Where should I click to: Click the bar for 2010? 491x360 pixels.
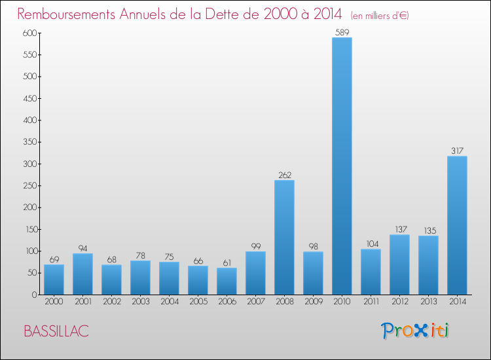point(342,166)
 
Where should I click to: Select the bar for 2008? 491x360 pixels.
point(284,237)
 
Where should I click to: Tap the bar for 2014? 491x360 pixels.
point(457,225)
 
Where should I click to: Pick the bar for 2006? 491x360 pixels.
point(227,281)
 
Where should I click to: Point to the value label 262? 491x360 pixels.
point(284,175)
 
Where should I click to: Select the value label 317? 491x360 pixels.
point(457,151)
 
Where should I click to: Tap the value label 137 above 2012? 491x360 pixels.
point(399,229)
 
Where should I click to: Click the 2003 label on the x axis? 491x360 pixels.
point(140,302)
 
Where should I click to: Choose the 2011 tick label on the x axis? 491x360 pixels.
point(371,302)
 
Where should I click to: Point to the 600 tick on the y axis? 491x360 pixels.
point(27,33)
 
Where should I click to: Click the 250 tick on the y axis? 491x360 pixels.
point(27,186)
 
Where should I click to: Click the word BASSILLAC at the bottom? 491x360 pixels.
point(56,332)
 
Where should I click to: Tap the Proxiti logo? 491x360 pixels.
point(416,331)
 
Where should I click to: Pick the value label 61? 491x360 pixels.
point(227,262)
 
